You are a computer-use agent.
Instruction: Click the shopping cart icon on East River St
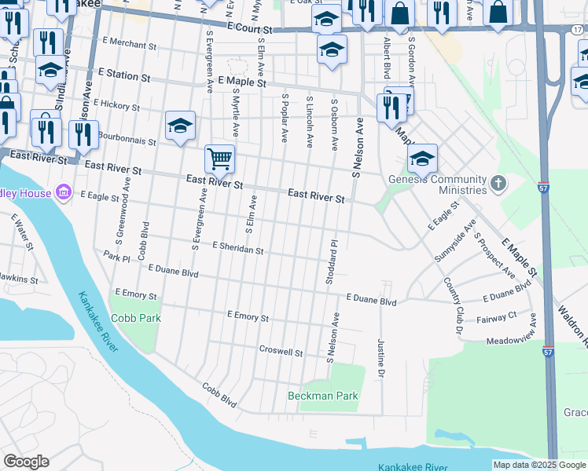point(219,159)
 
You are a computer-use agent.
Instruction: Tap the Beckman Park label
point(322,396)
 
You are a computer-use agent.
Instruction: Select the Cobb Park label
point(135,318)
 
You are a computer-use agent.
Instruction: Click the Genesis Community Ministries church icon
point(496,184)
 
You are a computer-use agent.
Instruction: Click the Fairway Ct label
point(502,316)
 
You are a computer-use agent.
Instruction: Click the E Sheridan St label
point(237,248)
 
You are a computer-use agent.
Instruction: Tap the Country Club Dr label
point(453,301)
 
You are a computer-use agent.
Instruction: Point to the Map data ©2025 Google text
point(538,465)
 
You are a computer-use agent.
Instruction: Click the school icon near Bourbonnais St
point(180,126)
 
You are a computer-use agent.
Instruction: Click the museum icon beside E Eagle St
point(64,193)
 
